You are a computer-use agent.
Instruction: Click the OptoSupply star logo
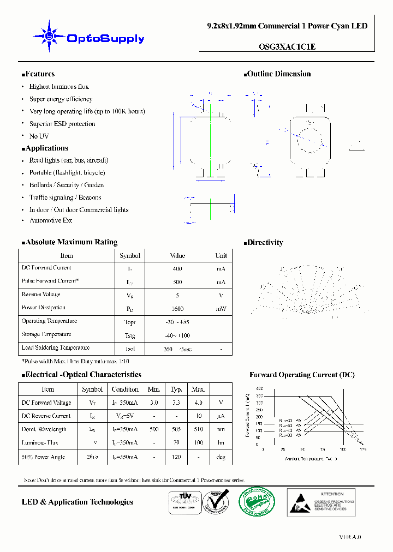coord(50,37)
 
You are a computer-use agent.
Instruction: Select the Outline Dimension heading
coord(278,74)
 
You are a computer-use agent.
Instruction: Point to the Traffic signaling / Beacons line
coord(65,197)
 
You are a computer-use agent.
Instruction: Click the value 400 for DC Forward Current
coord(177,269)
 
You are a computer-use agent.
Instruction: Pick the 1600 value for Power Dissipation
coord(177,309)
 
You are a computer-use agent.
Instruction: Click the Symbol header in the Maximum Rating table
coord(130,256)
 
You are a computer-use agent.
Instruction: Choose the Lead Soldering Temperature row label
coord(55,348)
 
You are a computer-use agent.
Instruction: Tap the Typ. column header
coord(176,389)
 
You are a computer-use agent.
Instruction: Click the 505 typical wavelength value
coord(176,429)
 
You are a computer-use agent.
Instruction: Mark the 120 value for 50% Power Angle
coord(176,457)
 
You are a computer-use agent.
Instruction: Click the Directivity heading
coord(265,243)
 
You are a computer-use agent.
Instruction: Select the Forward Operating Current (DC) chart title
coord(302,375)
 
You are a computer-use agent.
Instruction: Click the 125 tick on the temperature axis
coord(363,449)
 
